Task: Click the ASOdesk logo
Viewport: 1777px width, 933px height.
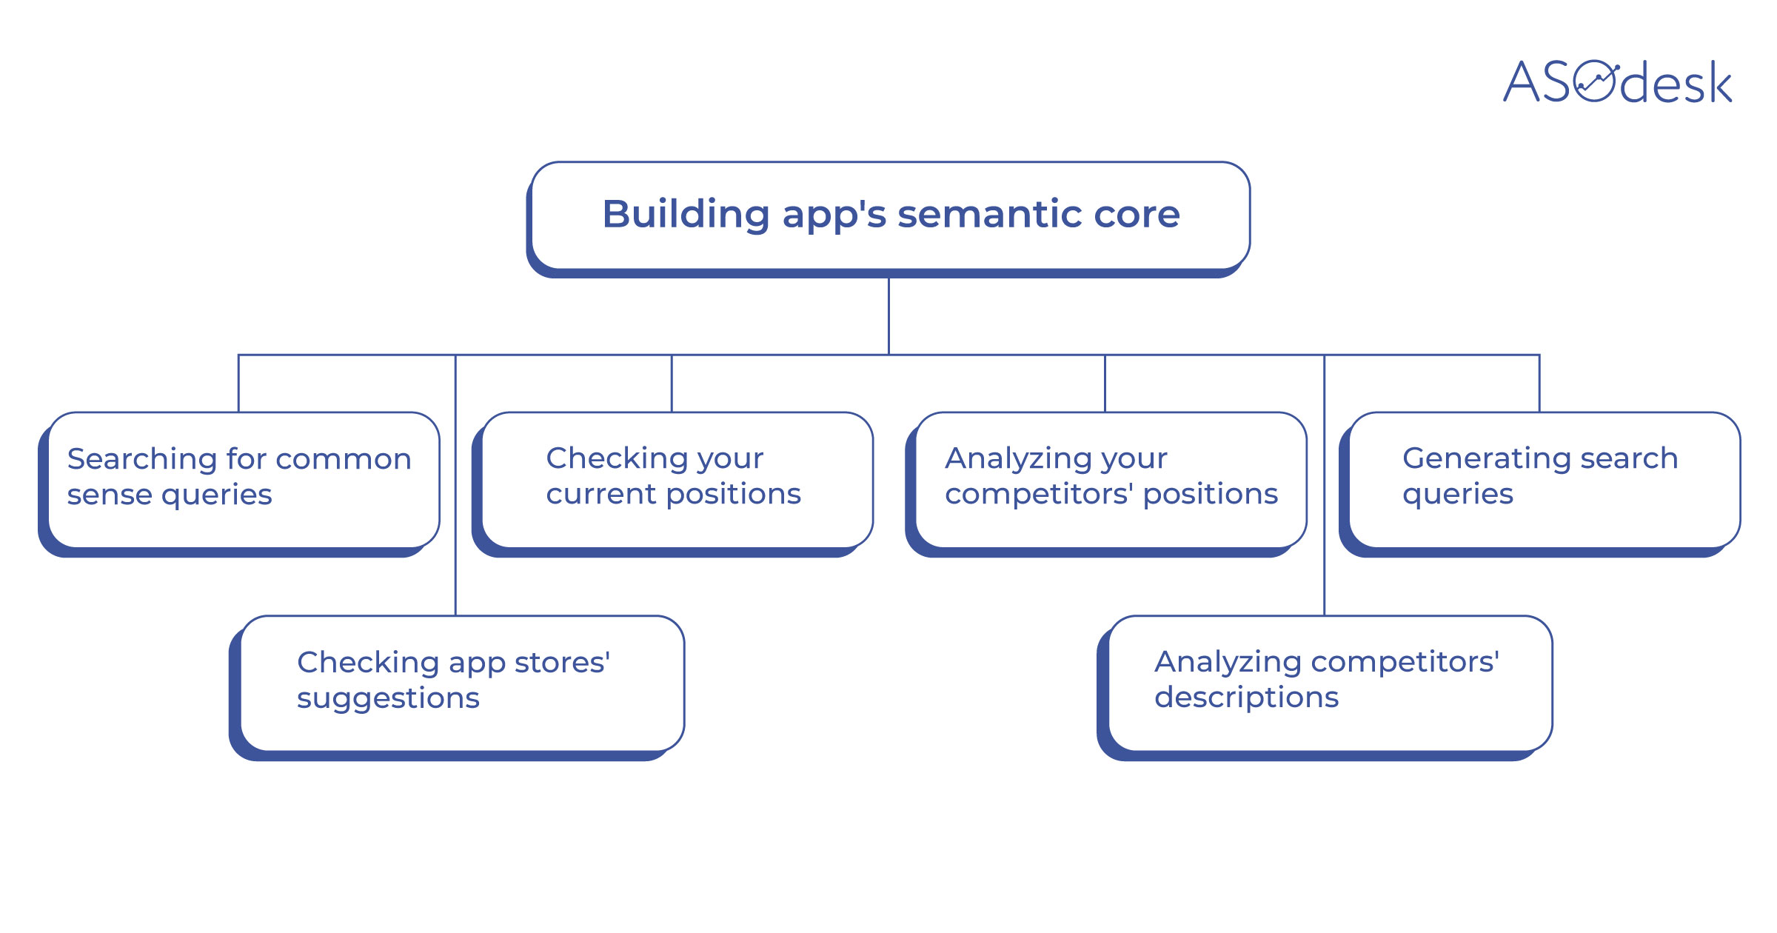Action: coord(1617,81)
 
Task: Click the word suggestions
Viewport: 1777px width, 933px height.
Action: coord(388,698)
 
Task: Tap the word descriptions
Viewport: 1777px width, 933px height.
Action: coord(1246,698)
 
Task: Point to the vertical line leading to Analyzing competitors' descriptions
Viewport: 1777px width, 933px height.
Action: coord(1324,585)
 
